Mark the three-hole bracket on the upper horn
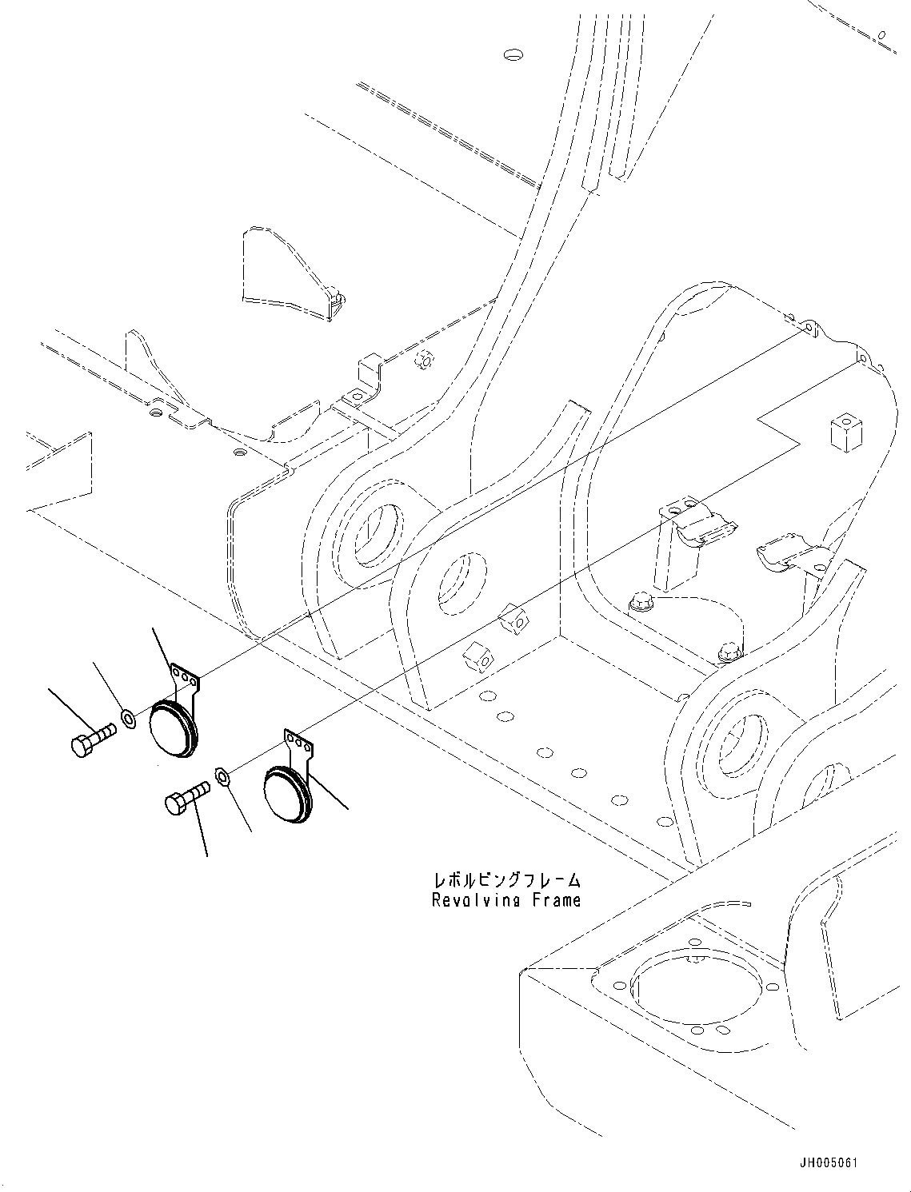186,677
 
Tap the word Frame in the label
553,900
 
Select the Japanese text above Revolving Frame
506,880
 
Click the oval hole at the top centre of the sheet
513,55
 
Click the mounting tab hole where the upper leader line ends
809,328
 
